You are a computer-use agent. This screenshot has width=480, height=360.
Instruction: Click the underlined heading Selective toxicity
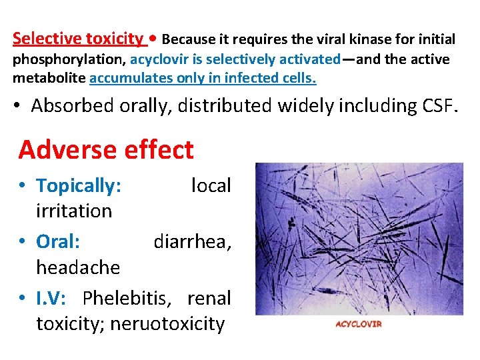tap(77, 39)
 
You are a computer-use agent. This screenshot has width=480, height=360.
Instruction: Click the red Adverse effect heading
tap(106, 150)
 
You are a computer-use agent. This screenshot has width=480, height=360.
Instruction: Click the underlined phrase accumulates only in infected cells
tap(203, 79)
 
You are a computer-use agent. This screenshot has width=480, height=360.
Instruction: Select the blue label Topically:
tap(79, 185)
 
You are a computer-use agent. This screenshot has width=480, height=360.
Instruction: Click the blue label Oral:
tap(58, 241)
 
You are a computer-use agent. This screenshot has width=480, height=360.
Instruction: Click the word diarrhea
tap(192, 241)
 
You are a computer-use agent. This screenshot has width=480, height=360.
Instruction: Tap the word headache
tap(78, 268)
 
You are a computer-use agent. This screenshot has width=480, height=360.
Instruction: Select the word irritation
tap(74, 211)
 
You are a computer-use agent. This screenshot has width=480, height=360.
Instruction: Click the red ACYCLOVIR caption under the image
tap(358, 324)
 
